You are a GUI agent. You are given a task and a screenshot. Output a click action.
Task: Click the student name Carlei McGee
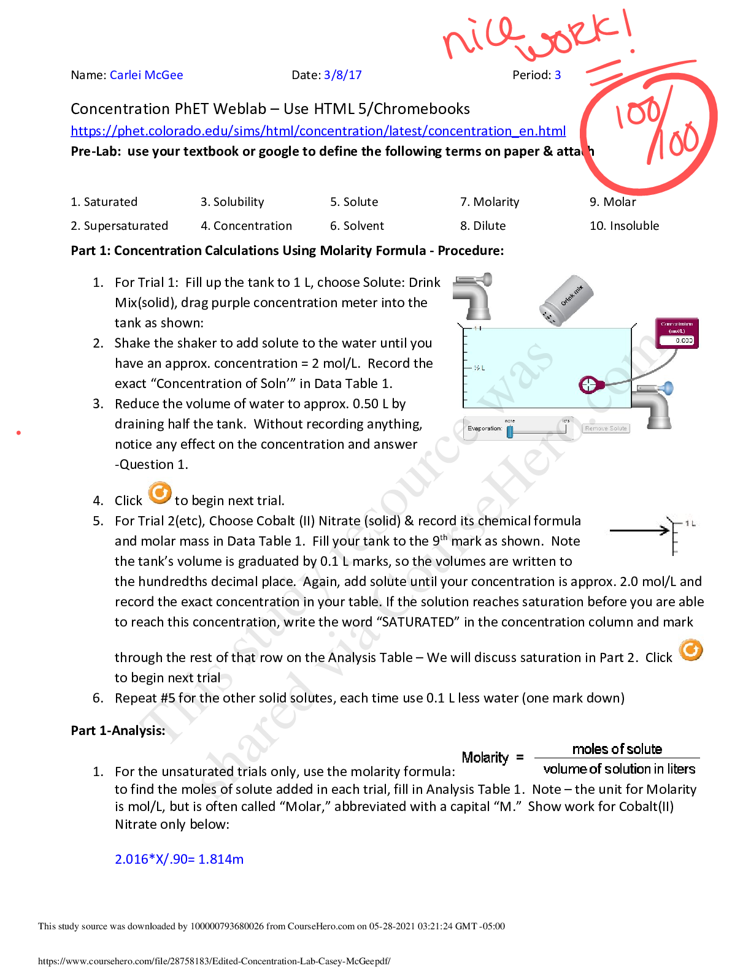[146, 75]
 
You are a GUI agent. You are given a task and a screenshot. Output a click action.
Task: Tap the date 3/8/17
[343, 75]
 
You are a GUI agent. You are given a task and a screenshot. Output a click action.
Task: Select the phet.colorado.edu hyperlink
[318, 131]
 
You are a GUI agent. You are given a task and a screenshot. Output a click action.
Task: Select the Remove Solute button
[606, 428]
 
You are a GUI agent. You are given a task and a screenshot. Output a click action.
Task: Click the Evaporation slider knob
[509, 430]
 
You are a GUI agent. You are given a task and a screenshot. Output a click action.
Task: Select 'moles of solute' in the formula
[617, 749]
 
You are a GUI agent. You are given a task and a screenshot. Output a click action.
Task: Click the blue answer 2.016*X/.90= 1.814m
[179, 859]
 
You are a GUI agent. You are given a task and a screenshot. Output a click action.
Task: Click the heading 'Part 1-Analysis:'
[118, 731]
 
